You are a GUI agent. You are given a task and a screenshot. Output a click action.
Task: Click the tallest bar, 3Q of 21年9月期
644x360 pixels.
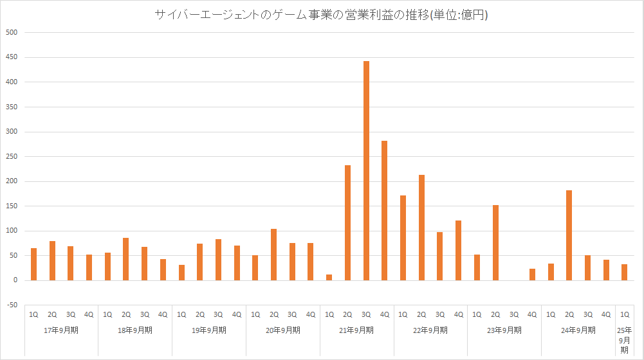366,170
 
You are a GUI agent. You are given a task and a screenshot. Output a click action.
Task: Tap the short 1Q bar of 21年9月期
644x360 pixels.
329,277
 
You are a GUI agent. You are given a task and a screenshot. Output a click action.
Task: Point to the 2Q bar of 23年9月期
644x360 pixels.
495,242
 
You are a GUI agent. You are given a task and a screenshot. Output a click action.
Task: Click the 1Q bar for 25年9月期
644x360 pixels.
624,272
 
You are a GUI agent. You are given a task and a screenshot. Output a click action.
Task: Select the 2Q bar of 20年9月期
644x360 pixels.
274,254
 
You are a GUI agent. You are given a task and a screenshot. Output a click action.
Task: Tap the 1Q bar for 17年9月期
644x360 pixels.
33,264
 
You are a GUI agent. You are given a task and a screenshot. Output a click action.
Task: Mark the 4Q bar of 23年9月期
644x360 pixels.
532,274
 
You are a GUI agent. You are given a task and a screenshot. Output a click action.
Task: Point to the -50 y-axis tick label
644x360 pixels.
11,305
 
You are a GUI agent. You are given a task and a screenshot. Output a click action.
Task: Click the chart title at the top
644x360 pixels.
321,15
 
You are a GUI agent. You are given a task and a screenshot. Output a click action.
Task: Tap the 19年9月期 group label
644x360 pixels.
209,330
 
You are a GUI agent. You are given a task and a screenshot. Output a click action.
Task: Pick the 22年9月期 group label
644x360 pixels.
431,330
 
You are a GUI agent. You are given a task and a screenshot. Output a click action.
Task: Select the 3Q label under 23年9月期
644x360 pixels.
513,314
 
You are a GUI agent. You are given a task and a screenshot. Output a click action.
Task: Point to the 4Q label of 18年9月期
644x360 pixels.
163,314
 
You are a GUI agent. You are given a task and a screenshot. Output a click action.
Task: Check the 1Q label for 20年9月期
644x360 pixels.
255,314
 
